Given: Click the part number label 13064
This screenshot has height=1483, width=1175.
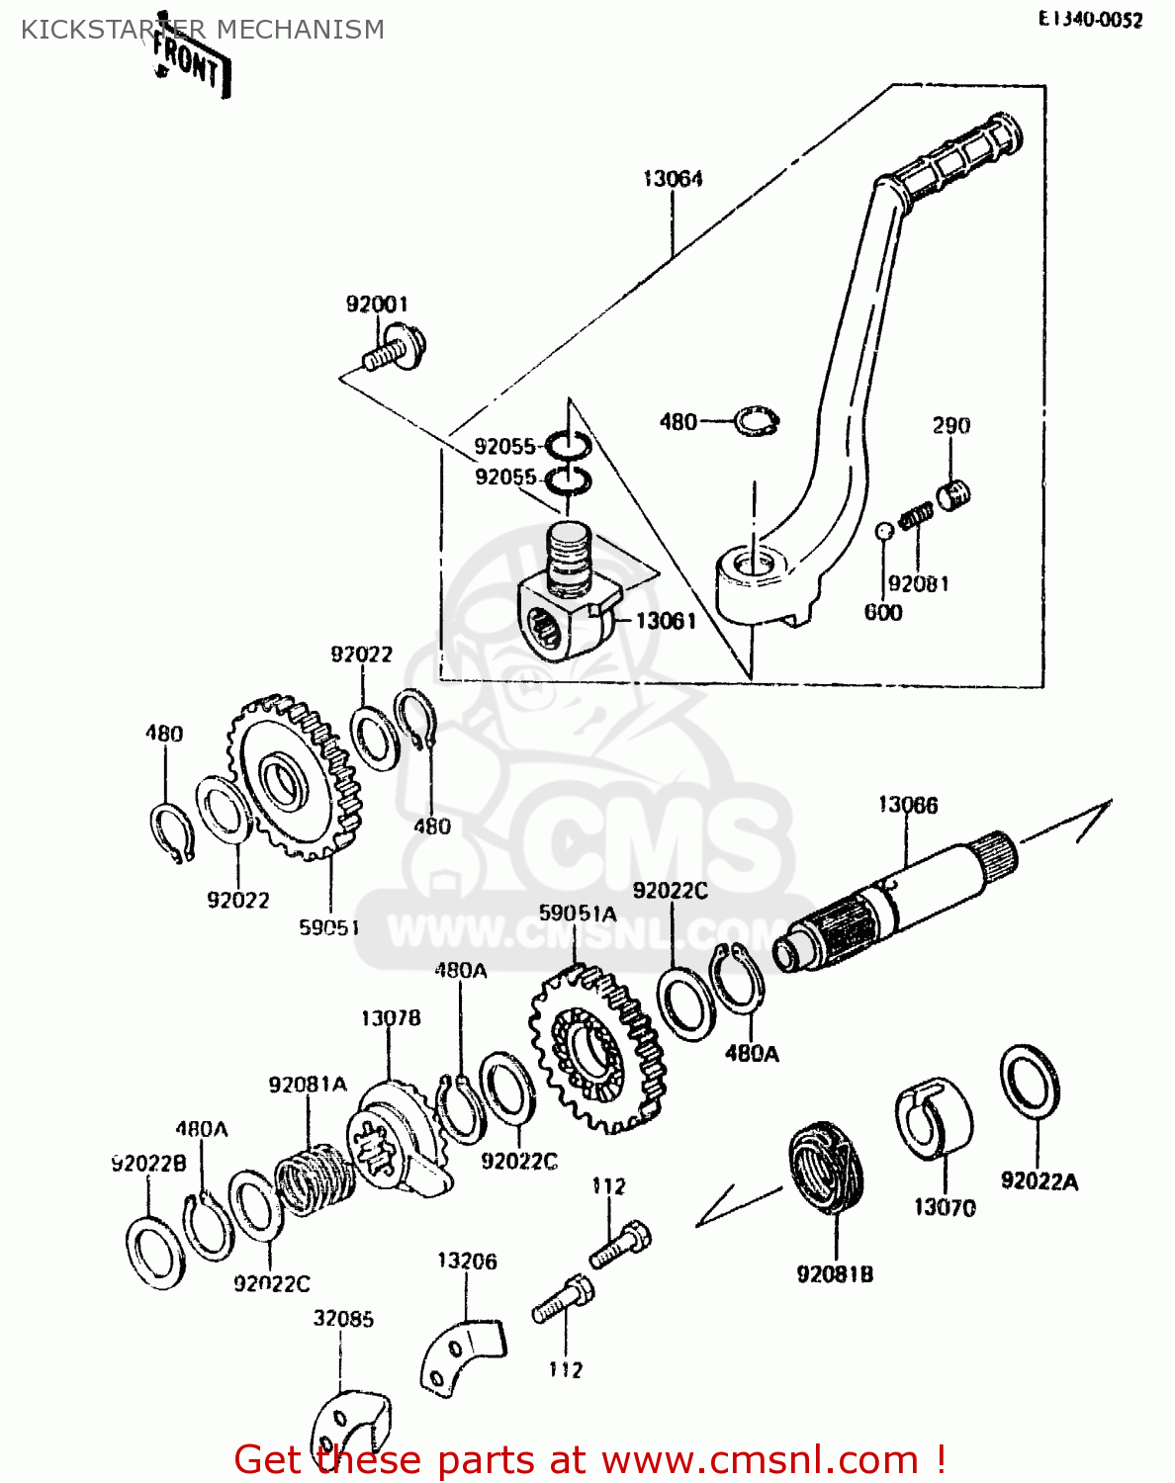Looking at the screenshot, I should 673,179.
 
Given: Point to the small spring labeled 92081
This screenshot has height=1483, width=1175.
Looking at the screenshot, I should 916,516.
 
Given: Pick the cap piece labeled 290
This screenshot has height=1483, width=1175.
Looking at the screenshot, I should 954,492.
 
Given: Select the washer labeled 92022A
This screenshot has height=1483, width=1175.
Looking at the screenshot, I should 1030,1082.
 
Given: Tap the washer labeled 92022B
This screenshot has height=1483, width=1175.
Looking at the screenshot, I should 155,1254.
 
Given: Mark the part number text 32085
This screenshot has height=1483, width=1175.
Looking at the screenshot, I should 343,1319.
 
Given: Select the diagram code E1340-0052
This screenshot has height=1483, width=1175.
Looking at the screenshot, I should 1090,20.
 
